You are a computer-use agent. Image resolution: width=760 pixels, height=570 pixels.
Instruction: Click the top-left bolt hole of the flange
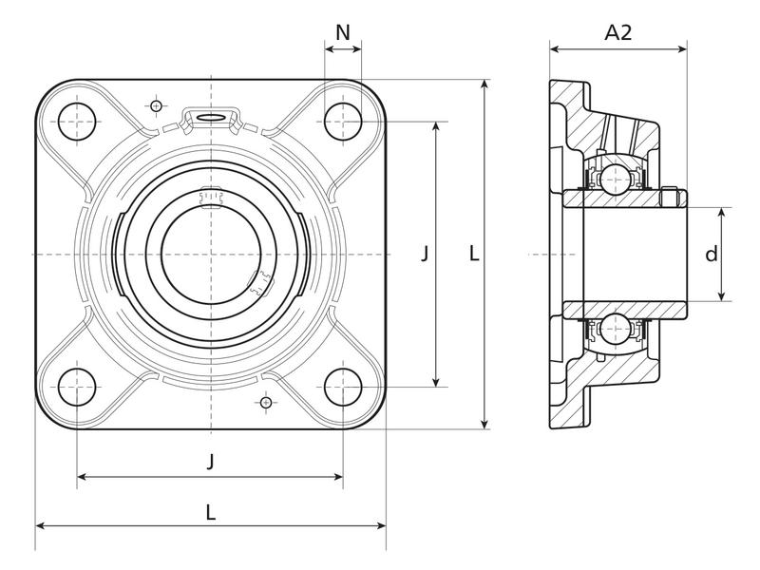(78, 121)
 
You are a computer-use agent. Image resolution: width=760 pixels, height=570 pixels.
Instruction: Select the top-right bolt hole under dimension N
(343, 121)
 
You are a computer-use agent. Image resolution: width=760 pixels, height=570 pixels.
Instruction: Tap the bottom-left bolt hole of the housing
(78, 388)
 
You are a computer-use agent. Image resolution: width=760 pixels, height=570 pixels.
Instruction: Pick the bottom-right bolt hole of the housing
(343, 388)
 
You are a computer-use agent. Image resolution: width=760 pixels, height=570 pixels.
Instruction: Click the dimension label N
(343, 32)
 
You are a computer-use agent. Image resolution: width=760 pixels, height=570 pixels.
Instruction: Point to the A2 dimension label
(618, 32)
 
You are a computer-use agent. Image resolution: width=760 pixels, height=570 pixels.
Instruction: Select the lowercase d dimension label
(710, 255)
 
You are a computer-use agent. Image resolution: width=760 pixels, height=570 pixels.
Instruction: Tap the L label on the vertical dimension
(474, 254)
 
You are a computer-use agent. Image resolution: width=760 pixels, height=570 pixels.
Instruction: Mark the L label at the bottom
(210, 511)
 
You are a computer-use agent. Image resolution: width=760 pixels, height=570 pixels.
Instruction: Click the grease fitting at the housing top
(211, 116)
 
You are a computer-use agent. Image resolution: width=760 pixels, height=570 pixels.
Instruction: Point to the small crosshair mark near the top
(156, 105)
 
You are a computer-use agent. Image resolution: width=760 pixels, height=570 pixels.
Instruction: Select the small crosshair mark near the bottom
(265, 403)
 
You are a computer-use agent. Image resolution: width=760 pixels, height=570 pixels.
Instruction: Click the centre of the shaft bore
(211, 254)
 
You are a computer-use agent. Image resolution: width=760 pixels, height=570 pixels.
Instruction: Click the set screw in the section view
(672, 197)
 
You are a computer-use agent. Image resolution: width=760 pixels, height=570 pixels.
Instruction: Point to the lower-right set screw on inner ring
(258, 282)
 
